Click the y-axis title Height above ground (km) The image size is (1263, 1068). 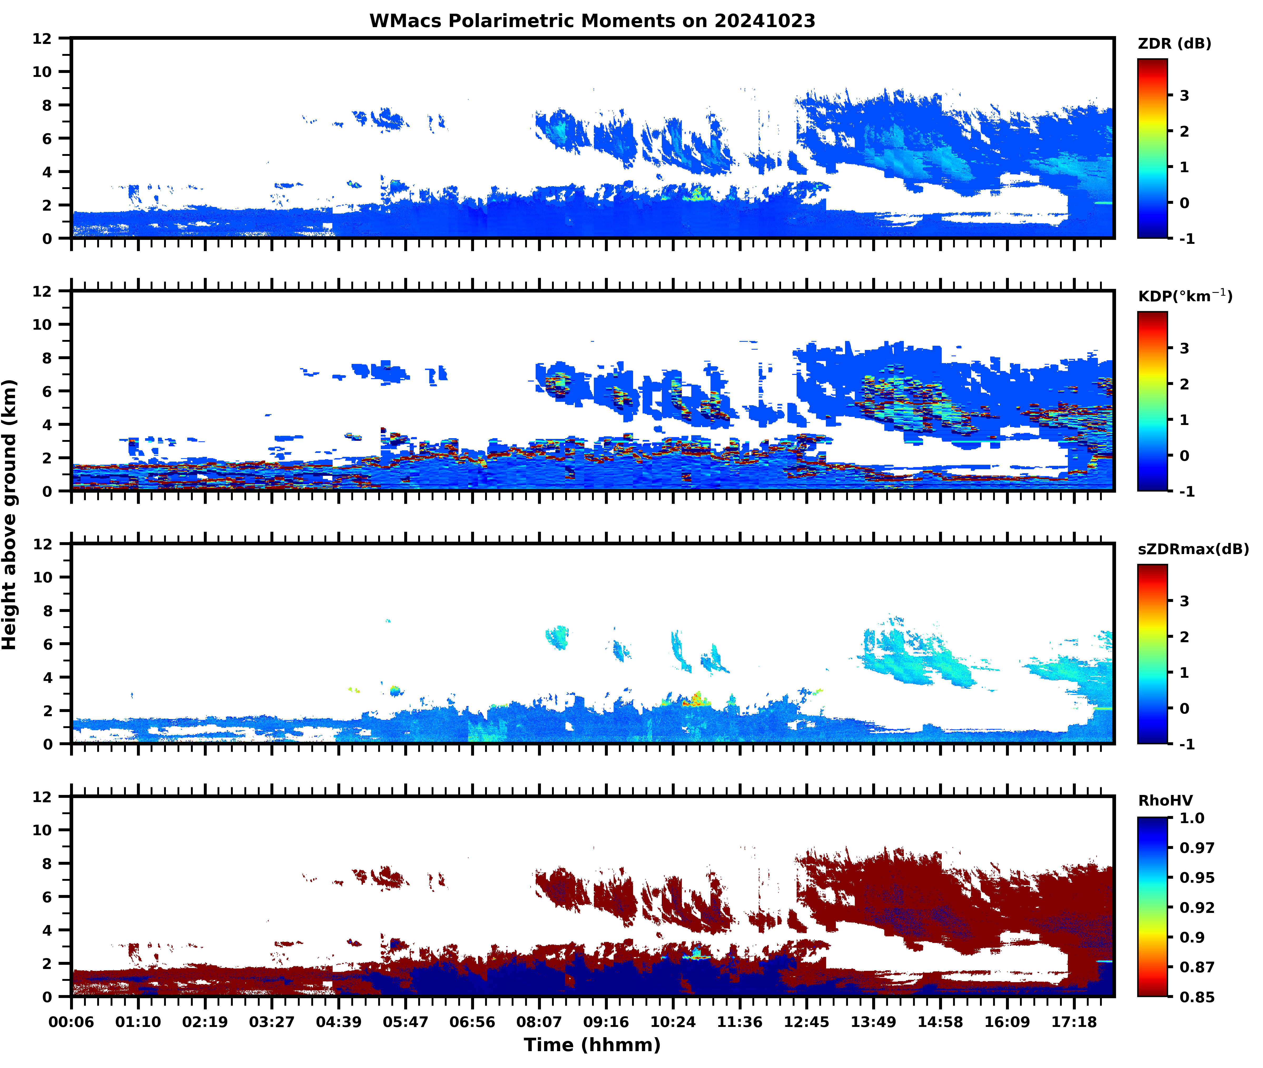coord(10,515)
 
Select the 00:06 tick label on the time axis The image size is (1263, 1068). coord(71,1022)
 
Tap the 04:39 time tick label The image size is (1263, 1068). coord(338,1022)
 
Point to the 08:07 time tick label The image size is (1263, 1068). coord(539,1022)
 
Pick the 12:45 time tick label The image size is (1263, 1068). coord(806,1022)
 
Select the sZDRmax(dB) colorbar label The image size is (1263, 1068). coord(1193,549)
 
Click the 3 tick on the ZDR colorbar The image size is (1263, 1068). coord(1184,96)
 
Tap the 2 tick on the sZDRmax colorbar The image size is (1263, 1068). coord(1184,637)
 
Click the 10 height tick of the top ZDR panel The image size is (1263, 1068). coord(42,71)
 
